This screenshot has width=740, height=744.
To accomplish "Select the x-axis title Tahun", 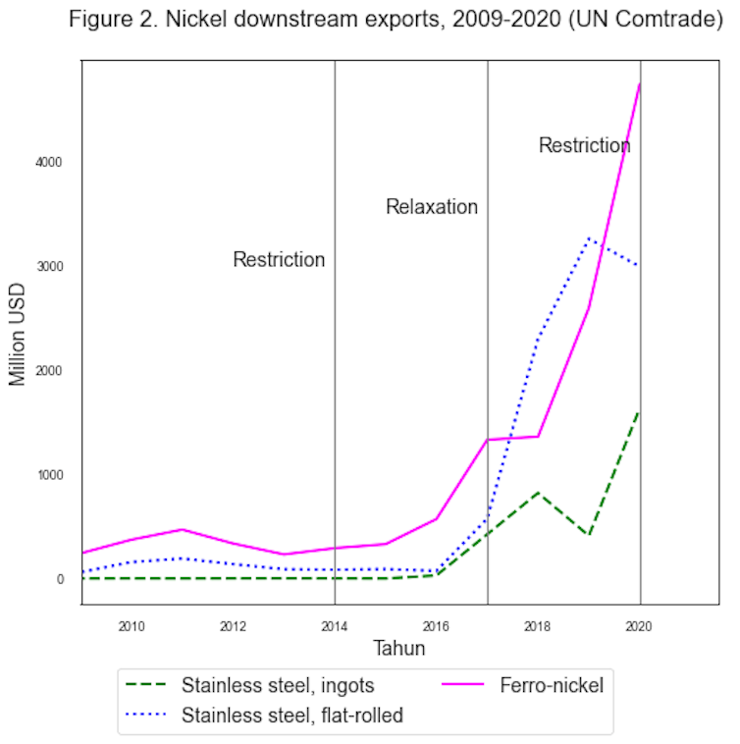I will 399,649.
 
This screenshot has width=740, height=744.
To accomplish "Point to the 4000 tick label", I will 51,162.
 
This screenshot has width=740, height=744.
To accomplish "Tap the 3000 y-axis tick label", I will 51,266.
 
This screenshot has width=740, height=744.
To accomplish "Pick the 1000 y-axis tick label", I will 51,475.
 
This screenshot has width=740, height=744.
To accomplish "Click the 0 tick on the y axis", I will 60,579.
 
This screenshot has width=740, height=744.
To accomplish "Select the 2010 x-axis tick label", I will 132,625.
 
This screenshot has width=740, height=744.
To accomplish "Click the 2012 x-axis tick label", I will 233,625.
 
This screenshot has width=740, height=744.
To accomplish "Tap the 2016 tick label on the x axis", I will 436,625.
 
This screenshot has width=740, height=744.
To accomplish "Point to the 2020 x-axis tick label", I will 639,625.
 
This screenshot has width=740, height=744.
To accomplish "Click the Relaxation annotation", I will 432,207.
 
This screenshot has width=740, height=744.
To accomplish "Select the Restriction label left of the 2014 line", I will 279,260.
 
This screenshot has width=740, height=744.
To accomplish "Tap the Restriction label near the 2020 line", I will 584,146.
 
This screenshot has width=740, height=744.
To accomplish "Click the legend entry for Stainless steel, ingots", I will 278,685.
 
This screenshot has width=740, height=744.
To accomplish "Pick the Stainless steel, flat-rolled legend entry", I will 292,716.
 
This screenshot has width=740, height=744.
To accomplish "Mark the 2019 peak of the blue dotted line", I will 589,239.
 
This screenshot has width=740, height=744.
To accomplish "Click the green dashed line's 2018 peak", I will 538,492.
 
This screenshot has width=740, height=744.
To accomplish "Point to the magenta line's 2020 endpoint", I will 640,83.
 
